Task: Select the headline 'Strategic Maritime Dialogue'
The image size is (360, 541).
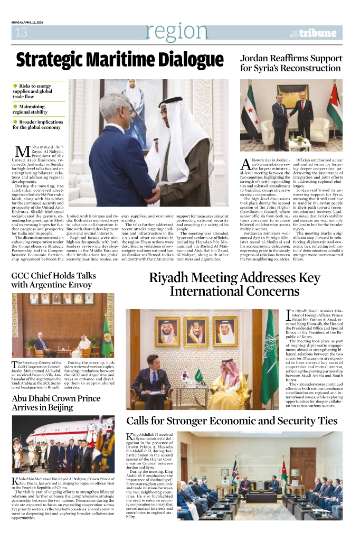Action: pos(120,60)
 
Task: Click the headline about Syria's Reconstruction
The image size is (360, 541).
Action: pos(290,63)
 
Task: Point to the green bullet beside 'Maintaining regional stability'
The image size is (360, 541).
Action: pos(15,106)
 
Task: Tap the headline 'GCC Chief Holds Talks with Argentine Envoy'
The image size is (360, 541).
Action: pos(53,281)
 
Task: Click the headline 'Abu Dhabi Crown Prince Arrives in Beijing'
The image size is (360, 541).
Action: pos(56,403)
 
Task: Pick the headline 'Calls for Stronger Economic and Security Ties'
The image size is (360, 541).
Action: pos(232,421)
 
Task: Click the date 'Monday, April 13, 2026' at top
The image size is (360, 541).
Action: pos(29,22)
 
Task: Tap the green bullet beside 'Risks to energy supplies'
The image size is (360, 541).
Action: pos(15,86)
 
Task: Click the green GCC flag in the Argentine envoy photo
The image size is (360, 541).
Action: pos(108,333)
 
